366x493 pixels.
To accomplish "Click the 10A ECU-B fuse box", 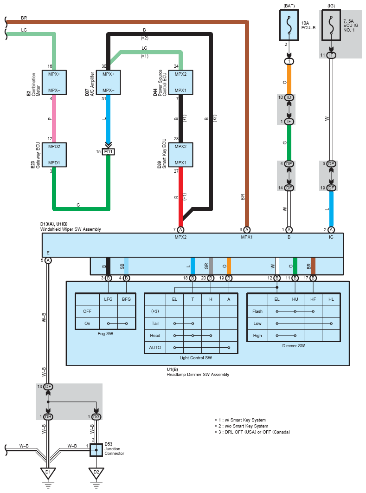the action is click(x=289, y=25).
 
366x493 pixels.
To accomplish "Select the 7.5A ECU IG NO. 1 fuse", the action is click(x=331, y=25).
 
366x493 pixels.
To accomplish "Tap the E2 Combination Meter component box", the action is click(x=54, y=82).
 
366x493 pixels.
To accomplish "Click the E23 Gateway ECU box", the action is click(x=54, y=155).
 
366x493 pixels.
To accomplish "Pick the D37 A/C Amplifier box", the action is click(x=109, y=82).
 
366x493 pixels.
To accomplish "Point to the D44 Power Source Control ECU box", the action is click(x=180, y=82).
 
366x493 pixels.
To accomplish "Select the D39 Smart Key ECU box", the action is click(x=180, y=155).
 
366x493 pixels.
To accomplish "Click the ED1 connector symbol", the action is click(x=109, y=152).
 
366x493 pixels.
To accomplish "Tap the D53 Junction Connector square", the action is click(x=96, y=450).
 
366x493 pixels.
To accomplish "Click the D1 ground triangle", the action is click(x=48, y=473).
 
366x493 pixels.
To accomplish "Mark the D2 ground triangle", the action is click(x=96, y=473).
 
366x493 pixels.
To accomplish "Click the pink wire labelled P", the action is click(x=54, y=118).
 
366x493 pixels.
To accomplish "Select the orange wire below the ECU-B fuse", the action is click(x=289, y=79).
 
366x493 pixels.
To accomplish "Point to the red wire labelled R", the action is click(x=180, y=197).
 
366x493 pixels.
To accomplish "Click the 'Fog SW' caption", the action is click(x=105, y=334).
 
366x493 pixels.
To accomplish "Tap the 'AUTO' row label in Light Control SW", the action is click(x=155, y=347).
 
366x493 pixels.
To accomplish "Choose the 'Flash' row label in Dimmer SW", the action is click(x=257, y=311).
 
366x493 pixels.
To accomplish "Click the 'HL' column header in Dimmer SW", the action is click(x=331, y=299).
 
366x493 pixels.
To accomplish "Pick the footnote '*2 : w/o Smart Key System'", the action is click(x=241, y=426).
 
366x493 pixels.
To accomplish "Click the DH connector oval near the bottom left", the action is click(x=48, y=416).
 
